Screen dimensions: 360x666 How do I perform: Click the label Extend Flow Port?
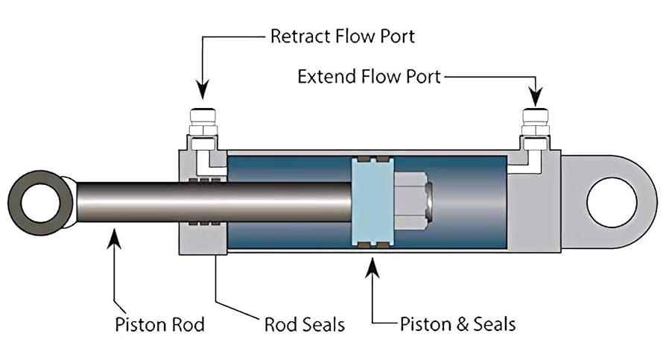coord(370,76)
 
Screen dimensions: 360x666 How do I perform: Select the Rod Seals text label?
coord(305,325)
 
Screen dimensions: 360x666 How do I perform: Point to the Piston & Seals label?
coord(457,324)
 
